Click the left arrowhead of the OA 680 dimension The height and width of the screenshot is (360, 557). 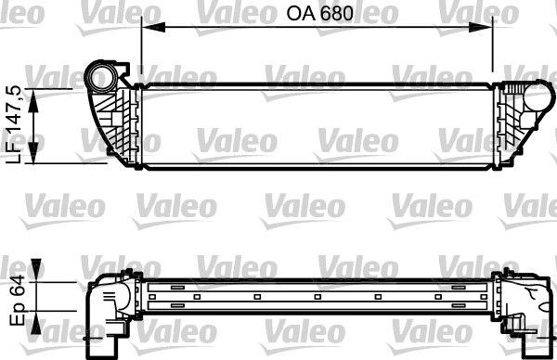(x=147, y=29)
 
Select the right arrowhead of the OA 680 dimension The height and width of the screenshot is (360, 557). (x=487, y=29)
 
